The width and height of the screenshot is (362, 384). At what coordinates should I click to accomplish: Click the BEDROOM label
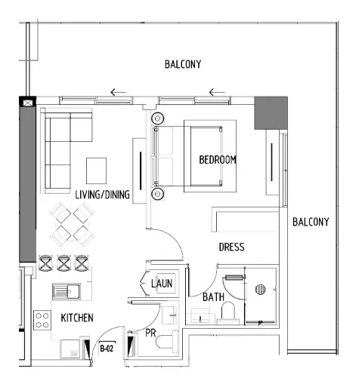218,160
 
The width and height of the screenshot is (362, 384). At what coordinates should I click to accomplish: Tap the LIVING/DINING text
103,195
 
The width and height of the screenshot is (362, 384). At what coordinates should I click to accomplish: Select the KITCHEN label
76,318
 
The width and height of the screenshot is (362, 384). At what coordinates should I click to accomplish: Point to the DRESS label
231,247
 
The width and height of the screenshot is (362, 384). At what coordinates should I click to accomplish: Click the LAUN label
162,284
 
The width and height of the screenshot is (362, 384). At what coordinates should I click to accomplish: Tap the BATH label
213,297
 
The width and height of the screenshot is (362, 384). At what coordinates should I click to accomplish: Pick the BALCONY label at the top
183,64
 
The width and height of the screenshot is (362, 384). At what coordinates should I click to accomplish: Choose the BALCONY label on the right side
311,222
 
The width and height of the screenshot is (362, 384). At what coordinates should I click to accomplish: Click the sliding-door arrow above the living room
117,94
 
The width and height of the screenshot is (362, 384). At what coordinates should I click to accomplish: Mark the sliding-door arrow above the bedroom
217,94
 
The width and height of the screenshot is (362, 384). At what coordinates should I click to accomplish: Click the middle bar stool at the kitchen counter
63,263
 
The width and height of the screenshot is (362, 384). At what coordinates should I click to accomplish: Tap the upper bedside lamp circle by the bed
158,118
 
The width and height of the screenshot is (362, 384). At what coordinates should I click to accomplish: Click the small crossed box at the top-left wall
29,102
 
